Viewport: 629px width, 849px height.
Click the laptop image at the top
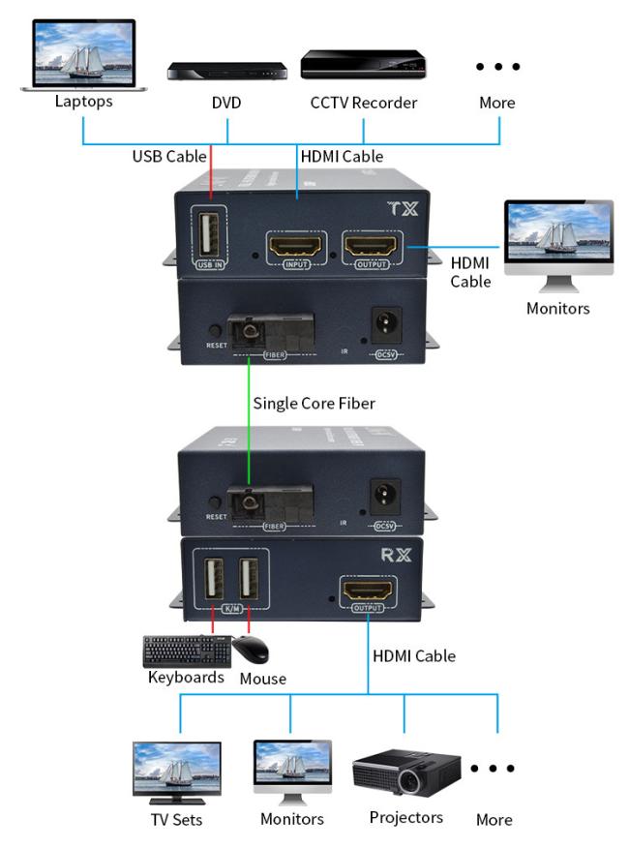(84, 53)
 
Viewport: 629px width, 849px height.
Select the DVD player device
(227, 71)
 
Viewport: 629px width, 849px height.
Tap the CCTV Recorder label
(363, 102)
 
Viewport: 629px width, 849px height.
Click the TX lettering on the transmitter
(400, 207)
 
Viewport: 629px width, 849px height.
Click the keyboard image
(187, 651)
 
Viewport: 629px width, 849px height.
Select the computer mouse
(250, 650)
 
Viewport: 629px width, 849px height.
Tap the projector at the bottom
(405, 772)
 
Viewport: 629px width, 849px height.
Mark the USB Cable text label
(169, 156)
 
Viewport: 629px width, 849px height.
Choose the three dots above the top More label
(498, 67)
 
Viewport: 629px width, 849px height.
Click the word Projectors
(406, 818)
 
